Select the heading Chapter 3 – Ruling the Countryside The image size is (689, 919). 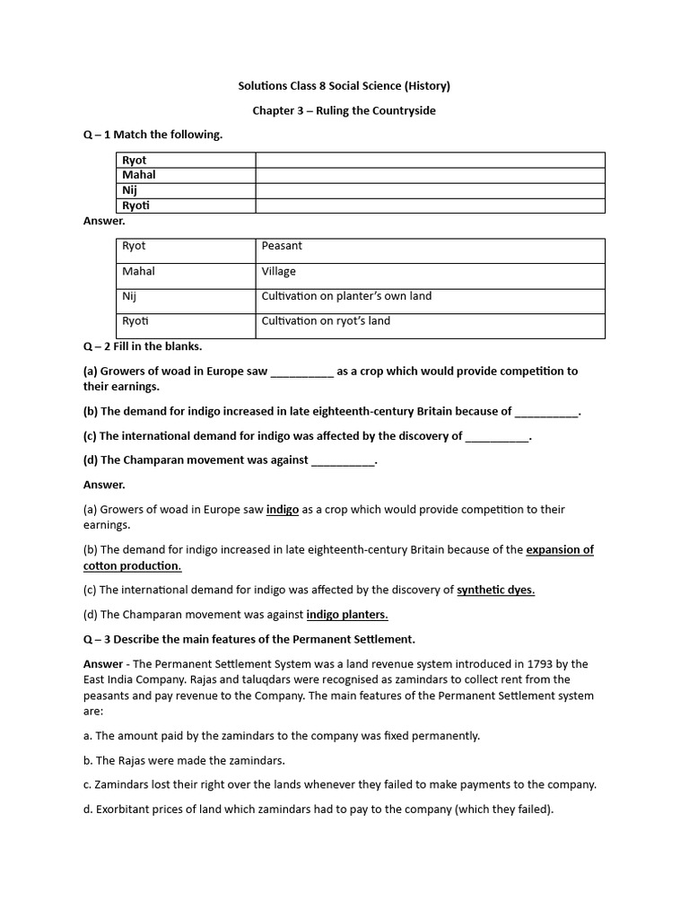[344, 110]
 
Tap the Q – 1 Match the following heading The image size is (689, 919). [153, 135]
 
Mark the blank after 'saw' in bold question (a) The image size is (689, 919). [301, 372]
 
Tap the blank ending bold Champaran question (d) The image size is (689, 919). [343, 460]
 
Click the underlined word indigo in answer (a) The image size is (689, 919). [283, 509]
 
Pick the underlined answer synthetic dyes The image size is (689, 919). [495, 590]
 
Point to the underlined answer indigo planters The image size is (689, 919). [347, 615]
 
